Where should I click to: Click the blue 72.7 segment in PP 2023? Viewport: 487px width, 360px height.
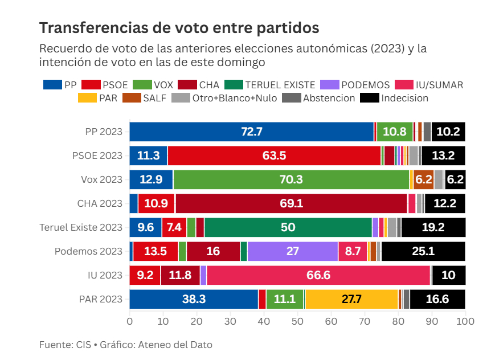click(x=251, y=132)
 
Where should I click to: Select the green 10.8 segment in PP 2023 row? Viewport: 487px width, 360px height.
click(x=394, y=132)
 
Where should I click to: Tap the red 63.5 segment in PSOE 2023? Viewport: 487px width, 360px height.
click(x=274, y=156)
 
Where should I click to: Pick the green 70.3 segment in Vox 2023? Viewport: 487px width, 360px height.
click(x=291, y=179)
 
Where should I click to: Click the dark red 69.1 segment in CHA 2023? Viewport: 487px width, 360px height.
click(x=291, y=203)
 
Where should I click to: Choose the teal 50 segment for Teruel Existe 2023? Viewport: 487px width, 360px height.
click(x=288, y=227)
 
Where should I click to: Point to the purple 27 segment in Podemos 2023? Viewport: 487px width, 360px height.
click(x=292, y=251)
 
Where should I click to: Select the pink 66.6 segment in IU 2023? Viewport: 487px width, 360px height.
click(x=318, y=275)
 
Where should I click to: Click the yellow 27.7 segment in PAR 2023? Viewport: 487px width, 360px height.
click(x=351, y=299)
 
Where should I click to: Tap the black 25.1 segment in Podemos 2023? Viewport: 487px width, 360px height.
click(x=423, y=251)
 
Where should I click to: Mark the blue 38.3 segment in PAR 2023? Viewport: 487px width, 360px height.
click(x=194, y=299)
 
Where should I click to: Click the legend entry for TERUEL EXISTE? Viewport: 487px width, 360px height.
click(x=270, y=85)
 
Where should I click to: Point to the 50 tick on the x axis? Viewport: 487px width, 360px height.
click(x=297, y=321)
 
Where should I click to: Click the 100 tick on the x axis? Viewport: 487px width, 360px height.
click(x=465, y=321)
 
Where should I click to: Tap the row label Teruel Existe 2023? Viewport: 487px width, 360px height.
click(x=81, y=227)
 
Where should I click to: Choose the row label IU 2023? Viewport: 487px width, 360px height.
click(x=105, y=275)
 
